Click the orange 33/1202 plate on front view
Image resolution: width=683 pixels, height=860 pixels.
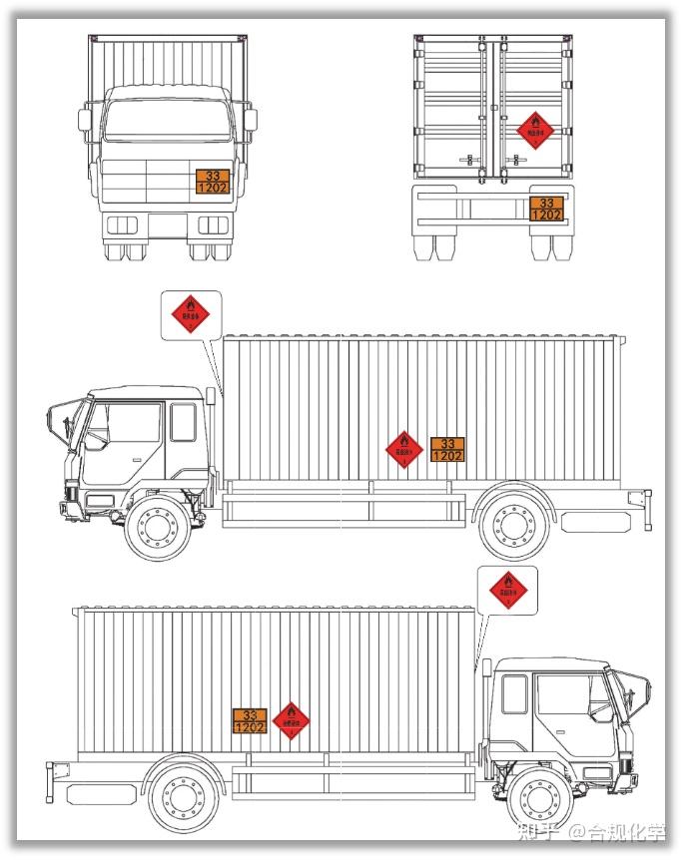[x=212, y=181]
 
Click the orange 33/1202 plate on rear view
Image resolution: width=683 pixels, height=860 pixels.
[x=546, y=208]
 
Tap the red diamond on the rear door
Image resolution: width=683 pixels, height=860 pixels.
[x=534, y=129]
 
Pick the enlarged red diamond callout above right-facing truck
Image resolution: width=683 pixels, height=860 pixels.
[x=507, y=592]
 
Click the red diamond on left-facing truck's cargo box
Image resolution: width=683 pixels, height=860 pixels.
[x=403, y=449]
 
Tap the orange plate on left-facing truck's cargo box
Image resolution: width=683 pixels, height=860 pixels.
[x=447, y=449]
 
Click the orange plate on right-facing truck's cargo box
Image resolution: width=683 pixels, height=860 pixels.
[x=250, y=720]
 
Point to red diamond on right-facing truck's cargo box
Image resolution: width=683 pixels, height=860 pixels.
[x=291, y=719]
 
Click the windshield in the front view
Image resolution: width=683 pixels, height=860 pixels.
[x=165, y=119]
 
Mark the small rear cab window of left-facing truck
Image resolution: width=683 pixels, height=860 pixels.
[x=183, y=422]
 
